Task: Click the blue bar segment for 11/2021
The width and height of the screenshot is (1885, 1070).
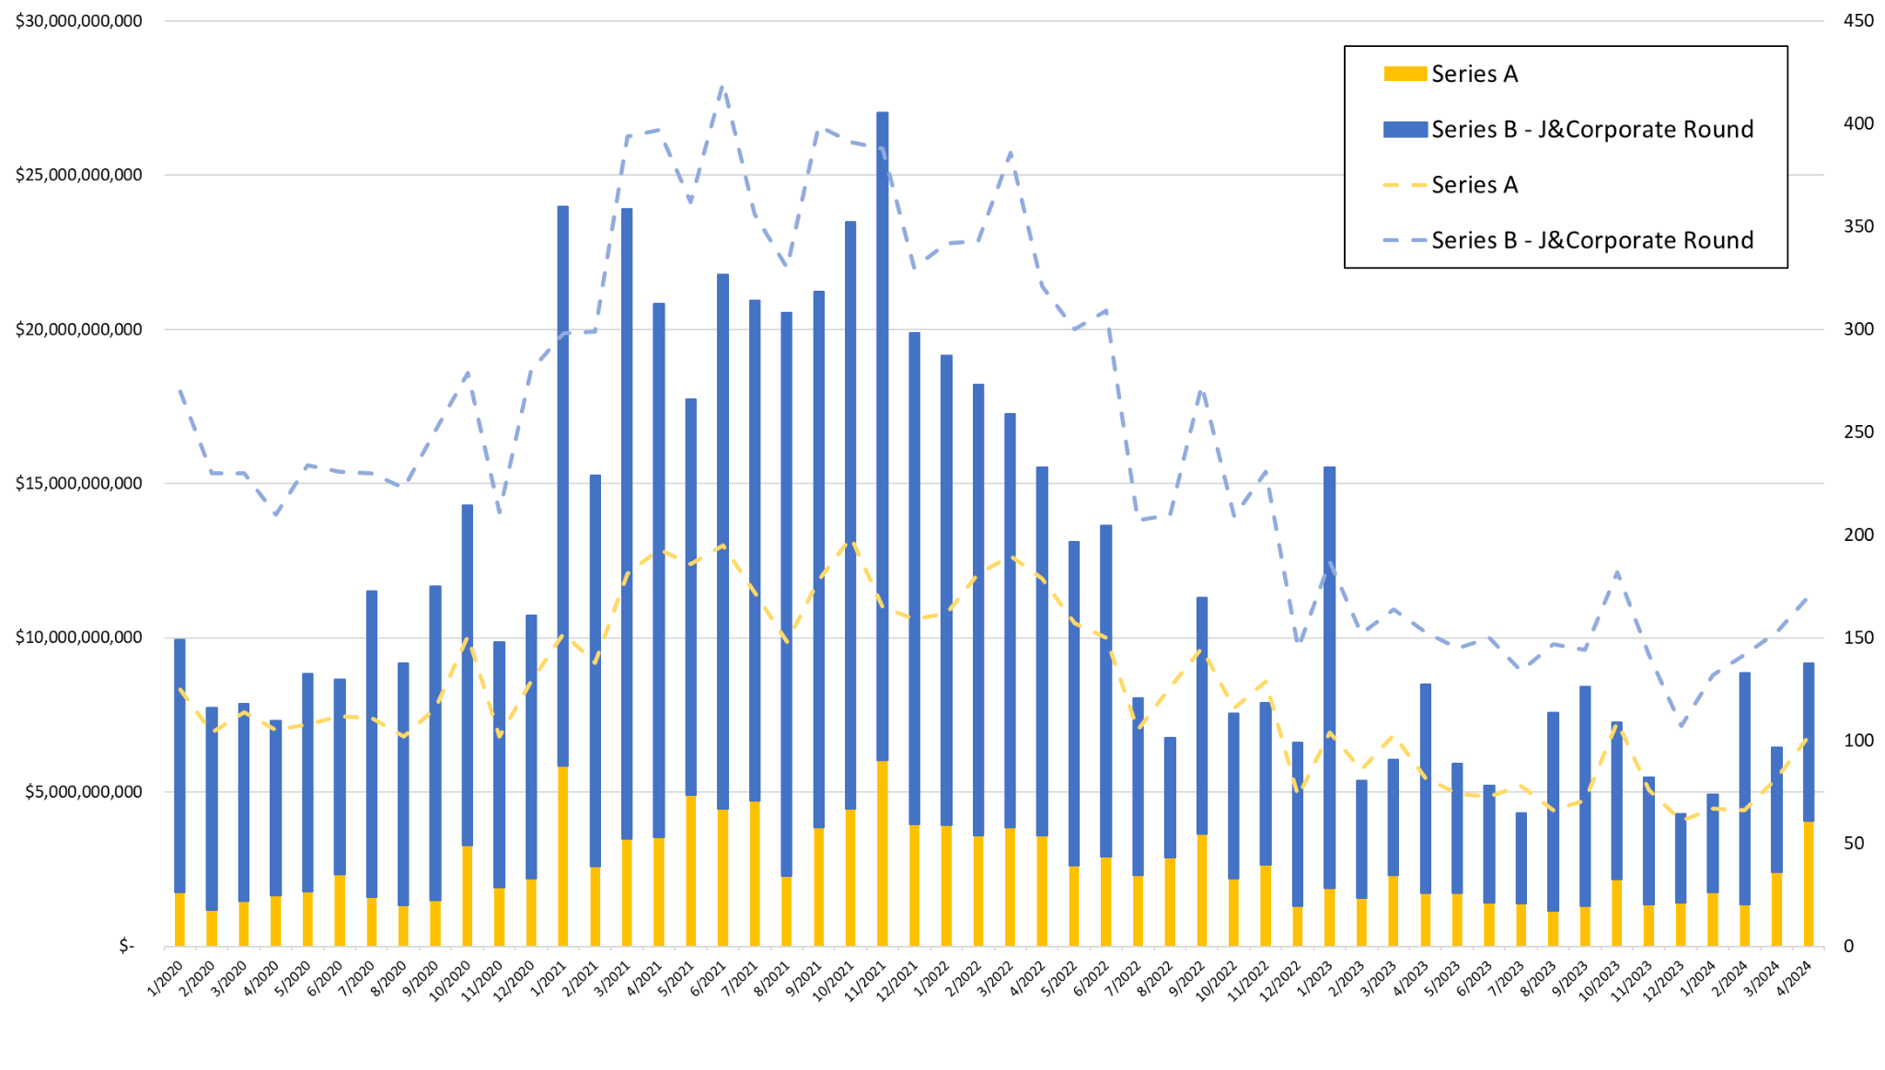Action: (x=883, y=432)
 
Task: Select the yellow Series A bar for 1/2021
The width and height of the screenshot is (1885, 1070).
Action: (x=563, y=856)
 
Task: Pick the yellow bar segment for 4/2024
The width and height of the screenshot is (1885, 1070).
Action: (x=1809, y=883)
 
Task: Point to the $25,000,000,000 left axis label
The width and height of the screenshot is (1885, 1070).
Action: (x=79, y=175)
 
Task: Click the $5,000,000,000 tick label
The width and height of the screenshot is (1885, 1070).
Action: (x=84, y=792)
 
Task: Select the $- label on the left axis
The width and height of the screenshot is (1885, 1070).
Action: (x=127, y=946)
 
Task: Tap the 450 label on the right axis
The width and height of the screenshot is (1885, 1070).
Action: (x=1858, y=20)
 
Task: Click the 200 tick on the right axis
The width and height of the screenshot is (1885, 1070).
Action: (x=1858, y=535)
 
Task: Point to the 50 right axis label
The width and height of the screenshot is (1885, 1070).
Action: (x=1854, y=844)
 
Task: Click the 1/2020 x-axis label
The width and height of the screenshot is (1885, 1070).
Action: (x=167, y=978)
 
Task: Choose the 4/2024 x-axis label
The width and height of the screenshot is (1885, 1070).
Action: (x=1795, y=978)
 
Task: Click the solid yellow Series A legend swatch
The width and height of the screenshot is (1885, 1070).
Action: (x=1405, y=74)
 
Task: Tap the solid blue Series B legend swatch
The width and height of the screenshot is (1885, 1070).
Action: (x=1405, y=130)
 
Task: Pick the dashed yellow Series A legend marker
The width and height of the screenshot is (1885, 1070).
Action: (x=1405, y=185)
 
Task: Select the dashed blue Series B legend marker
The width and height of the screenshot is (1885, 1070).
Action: (x=1405, y=241)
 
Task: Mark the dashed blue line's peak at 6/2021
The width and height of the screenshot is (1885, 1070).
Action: (x=723, y=87)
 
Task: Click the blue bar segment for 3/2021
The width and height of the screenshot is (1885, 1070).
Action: (x=627, y=524)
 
